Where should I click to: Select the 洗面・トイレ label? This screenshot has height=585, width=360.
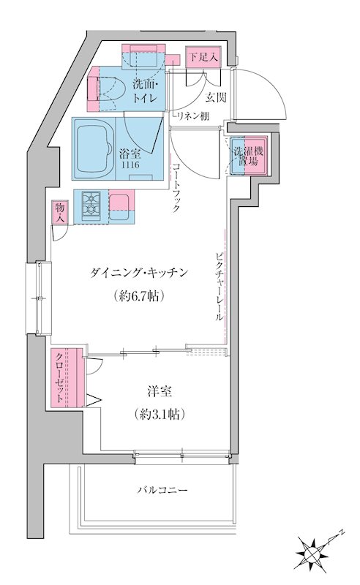click(146, 94)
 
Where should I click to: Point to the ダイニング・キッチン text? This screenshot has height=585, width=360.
click(140, 273)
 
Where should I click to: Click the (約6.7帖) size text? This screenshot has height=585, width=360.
click(139, 296)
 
